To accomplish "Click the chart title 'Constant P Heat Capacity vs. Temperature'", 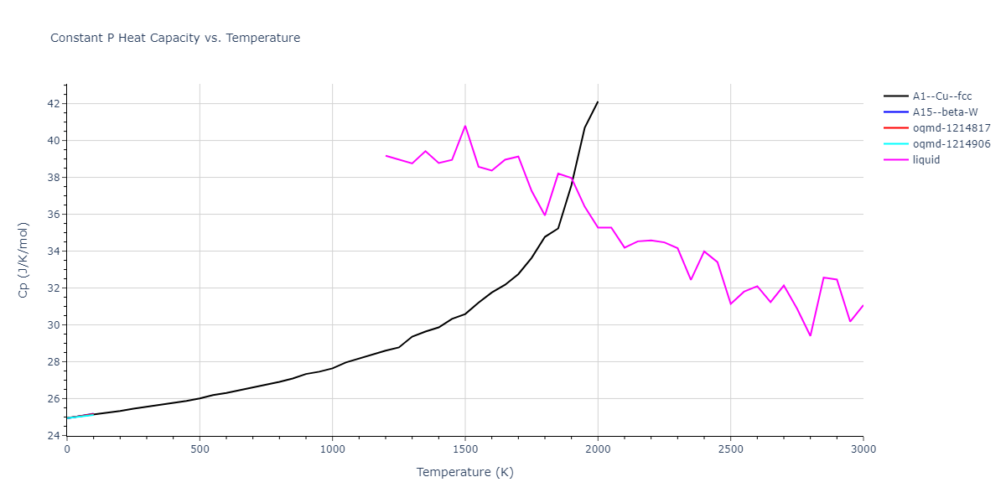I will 175,38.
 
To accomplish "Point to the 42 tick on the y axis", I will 51,104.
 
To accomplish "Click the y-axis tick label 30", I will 51,325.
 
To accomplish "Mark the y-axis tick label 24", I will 51,436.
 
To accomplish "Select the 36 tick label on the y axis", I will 51,215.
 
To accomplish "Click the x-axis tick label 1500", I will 465,449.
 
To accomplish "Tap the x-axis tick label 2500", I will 730,449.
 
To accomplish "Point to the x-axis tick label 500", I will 200,449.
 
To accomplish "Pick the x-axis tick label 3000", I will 863,449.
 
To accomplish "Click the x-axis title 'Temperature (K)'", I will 465,473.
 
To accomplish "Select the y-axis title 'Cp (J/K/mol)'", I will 23,260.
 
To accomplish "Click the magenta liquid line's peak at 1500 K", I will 465,126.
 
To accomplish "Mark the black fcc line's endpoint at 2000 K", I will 598,101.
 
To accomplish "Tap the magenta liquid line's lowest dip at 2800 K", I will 810,335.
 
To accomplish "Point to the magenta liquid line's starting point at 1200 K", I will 386,155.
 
